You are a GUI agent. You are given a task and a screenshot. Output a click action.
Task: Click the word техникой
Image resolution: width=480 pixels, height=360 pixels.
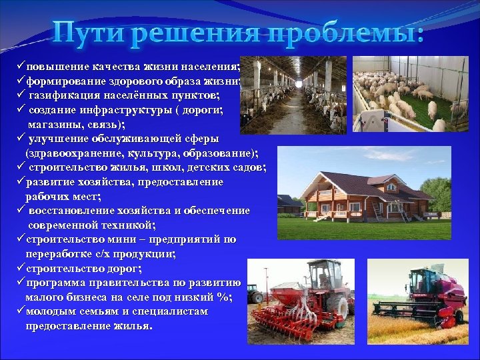tap(123, 225)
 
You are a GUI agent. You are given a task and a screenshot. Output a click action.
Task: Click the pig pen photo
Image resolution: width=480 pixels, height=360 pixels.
tap(409, 93)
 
